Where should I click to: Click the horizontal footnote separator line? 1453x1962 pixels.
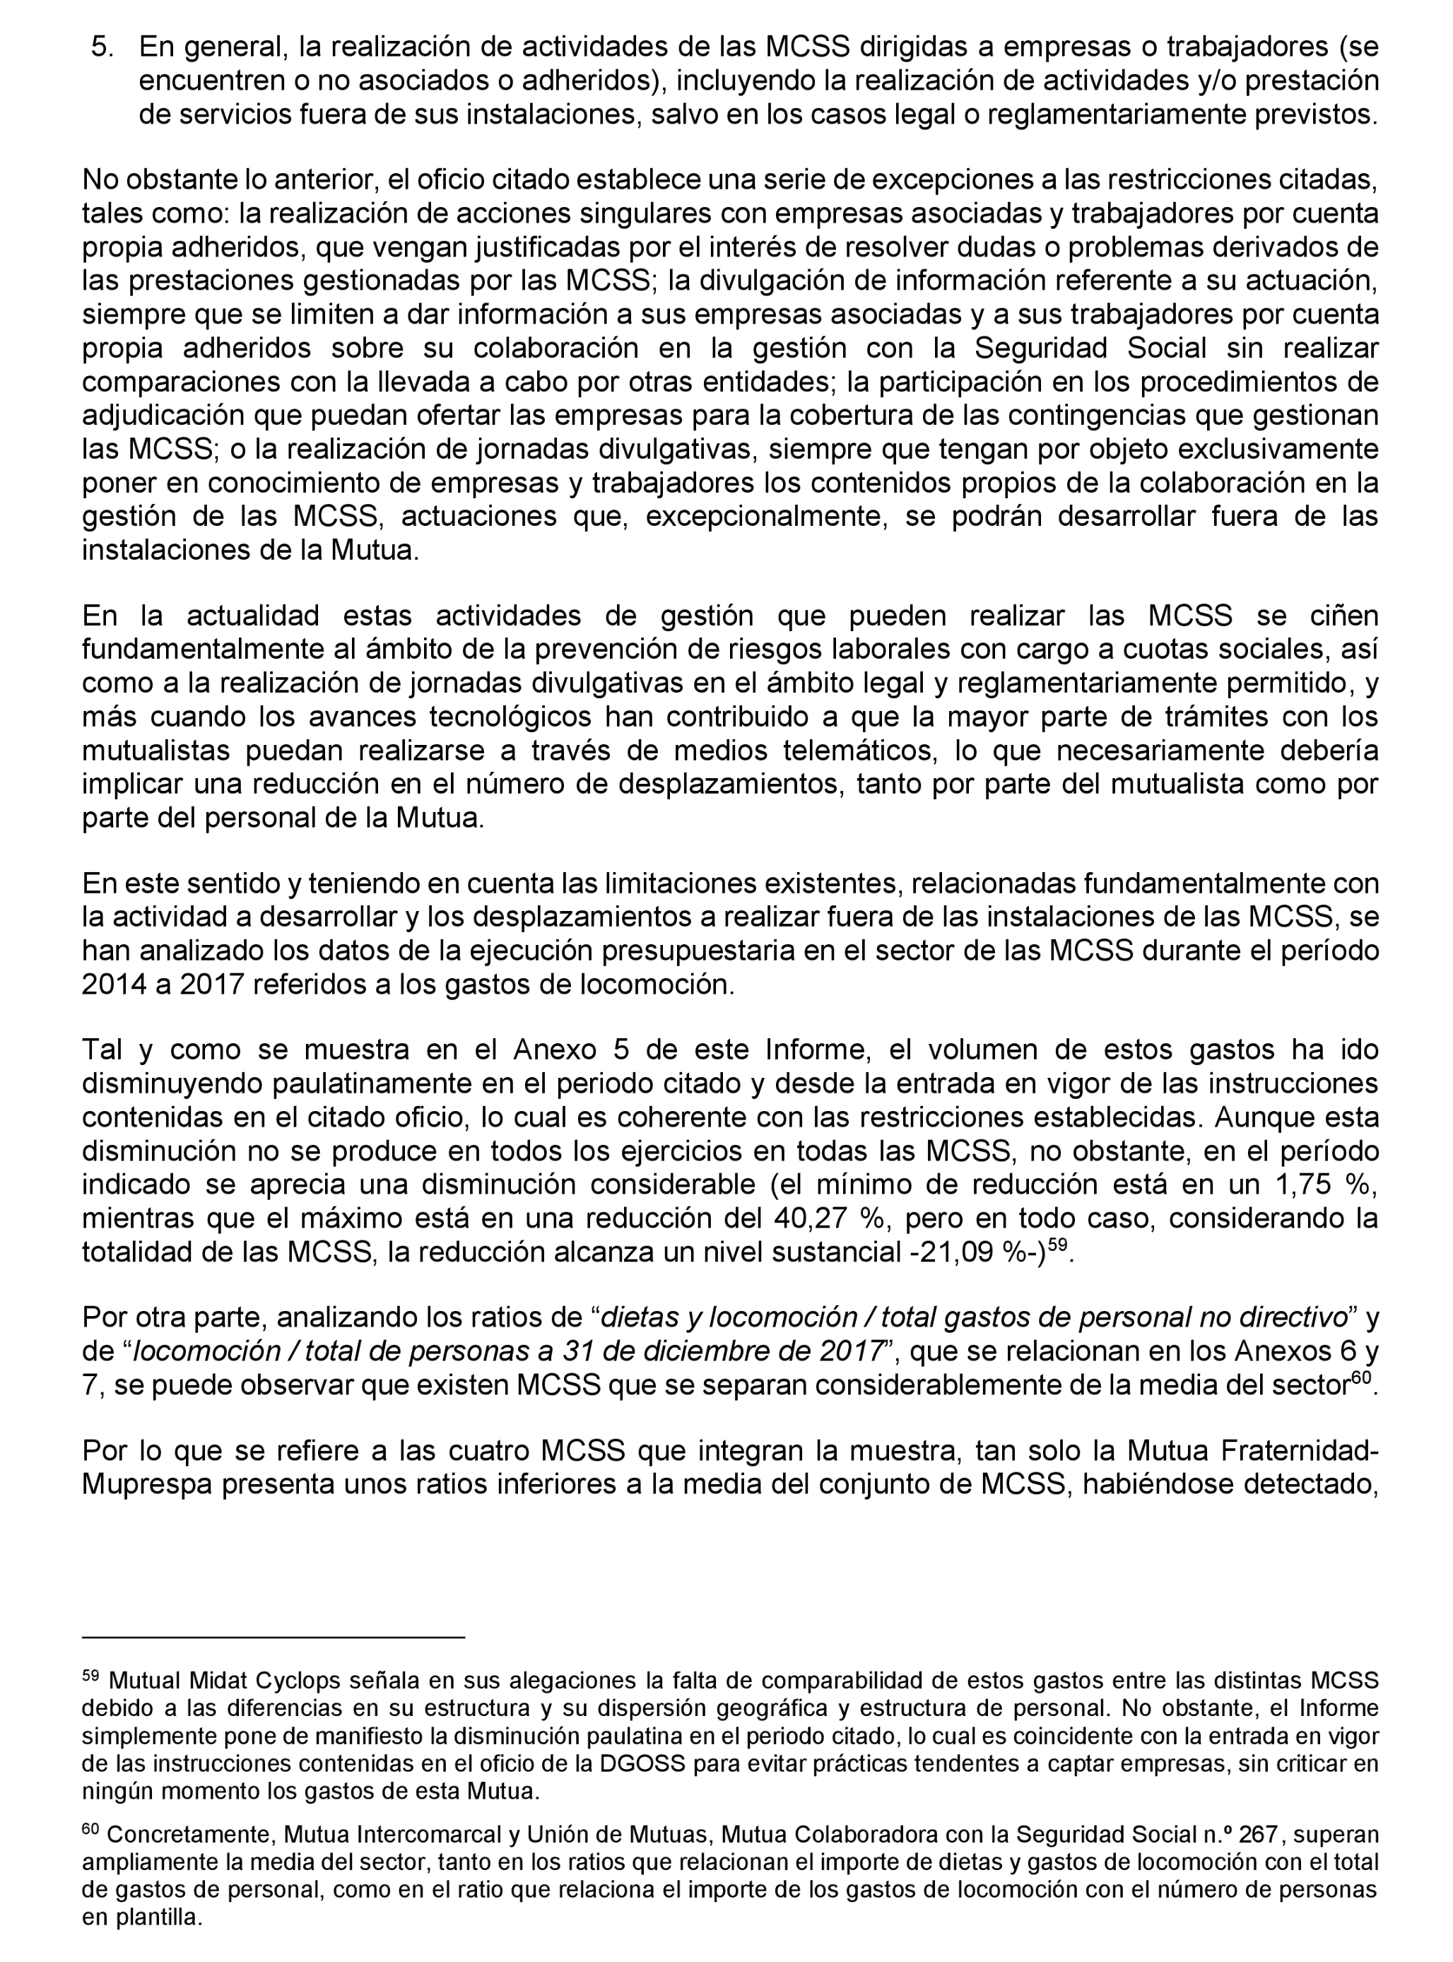pyautogui.click(x=273, y=1638)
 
